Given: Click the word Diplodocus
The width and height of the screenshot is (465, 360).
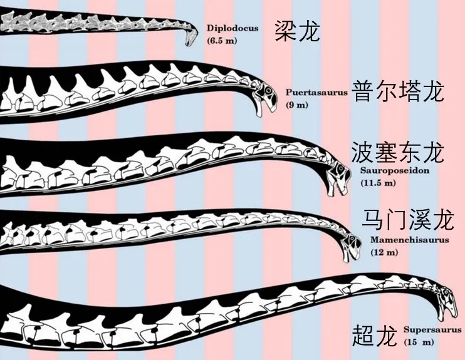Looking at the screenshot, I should (232, 28).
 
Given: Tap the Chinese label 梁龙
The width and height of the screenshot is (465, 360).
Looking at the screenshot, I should (297, 30).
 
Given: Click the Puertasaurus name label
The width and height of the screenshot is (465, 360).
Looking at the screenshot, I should (316, 92).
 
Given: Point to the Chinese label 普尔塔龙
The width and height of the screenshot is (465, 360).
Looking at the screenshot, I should (398, 91).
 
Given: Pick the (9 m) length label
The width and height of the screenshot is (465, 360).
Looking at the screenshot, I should (297, 105).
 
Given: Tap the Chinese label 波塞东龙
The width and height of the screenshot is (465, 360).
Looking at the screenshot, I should (398, 152).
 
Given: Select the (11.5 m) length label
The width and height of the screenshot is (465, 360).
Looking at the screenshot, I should (379, 183).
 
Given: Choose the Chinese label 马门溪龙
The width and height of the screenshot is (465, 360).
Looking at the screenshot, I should (407, 220).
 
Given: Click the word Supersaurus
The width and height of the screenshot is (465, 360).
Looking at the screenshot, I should (432, 330).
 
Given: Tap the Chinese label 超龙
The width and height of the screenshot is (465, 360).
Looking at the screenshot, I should (375, 336).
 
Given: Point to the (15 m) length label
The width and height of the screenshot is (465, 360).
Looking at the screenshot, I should (419, 342).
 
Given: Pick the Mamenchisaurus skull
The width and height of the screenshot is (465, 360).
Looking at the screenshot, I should (350, 245).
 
